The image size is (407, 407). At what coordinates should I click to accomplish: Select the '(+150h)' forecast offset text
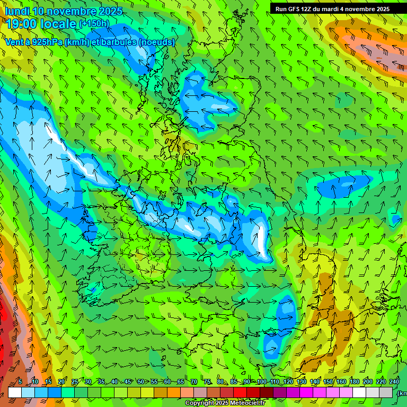[94, 24]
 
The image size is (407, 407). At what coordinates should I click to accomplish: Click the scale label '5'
[20, 382]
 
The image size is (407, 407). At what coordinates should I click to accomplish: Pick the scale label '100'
[261, 382]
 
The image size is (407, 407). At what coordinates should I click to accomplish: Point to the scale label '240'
[394, 382]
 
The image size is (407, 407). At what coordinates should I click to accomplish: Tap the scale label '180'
[354, 382]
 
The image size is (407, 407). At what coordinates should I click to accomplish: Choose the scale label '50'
[140, 382]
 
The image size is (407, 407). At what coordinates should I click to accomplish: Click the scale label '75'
[207, 382]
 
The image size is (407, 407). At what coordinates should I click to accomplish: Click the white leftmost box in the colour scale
[15, 392]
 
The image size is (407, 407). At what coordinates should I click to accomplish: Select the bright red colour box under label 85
[240, 392]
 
